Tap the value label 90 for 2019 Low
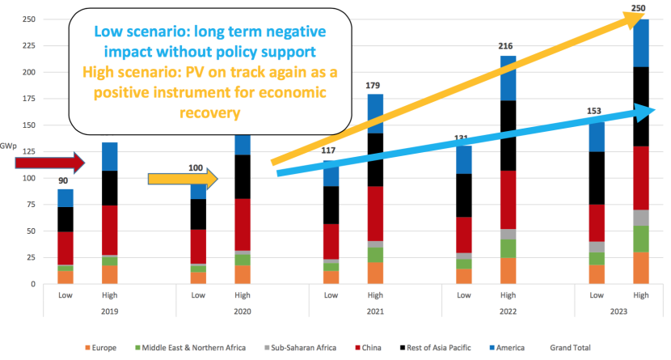[x=64, y=181]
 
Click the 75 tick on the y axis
[x=32, y=205]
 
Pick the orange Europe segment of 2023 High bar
[x=641, y=268]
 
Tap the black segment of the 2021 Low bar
[x=331, y=205]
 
